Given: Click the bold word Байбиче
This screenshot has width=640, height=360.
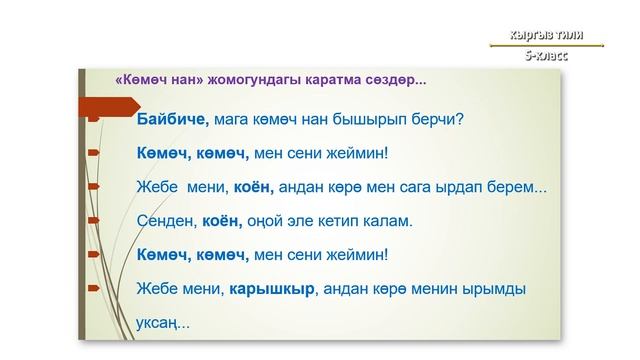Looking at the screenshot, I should click(172, 119).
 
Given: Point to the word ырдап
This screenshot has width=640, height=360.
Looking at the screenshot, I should click(459, 187).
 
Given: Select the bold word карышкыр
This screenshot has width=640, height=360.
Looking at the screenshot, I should click(272, 290).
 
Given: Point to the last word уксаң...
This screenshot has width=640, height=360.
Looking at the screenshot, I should click(160, 323).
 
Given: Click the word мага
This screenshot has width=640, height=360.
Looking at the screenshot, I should click(230, 119).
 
